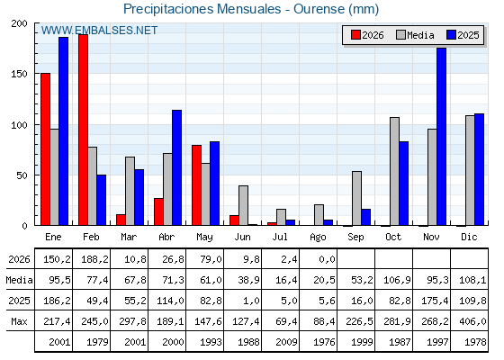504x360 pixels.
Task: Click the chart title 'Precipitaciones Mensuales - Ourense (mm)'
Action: [251, 9]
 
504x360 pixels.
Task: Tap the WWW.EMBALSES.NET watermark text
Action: [99, 31]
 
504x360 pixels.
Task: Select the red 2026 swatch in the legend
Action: [355, 35]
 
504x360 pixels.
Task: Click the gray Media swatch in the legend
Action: [400, 35]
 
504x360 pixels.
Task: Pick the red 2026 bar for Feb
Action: [83, 130]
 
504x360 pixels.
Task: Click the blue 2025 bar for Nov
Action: [441, 137]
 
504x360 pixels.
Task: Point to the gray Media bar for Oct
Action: [395, 171]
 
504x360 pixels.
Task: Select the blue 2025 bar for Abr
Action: [176, 167]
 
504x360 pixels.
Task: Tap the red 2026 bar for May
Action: [197, 185]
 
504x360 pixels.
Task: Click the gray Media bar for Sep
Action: [356, 198]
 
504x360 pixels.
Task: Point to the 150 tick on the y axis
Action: [20, 74]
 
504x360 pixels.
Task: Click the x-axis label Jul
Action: [280, 237]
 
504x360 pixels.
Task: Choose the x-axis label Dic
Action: [469, 237]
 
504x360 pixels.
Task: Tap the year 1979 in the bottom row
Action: [97, 342]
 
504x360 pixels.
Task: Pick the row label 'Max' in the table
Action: [19, 321]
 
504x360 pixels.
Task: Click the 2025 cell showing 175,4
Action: [435, 301]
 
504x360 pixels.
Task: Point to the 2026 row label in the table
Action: [19, 259]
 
